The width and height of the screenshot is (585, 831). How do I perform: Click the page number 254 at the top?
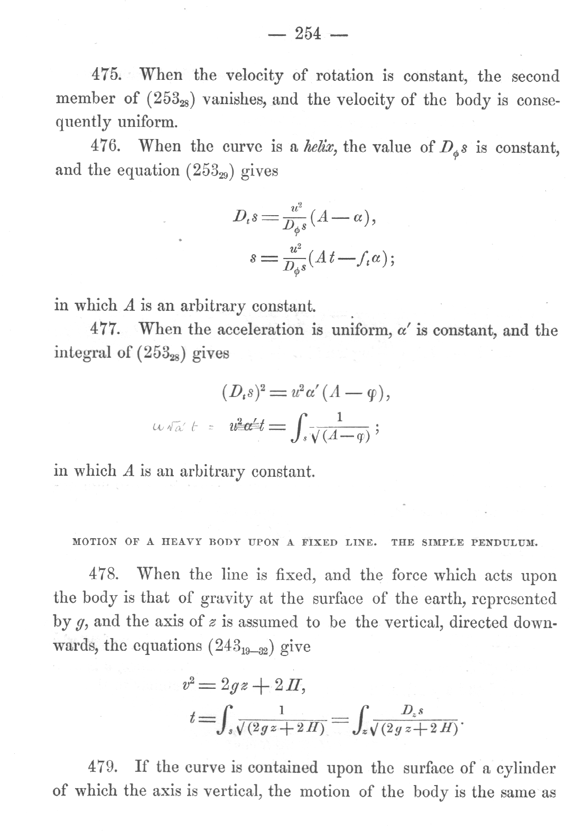308,34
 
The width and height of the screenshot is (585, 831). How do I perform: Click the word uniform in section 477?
360,330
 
